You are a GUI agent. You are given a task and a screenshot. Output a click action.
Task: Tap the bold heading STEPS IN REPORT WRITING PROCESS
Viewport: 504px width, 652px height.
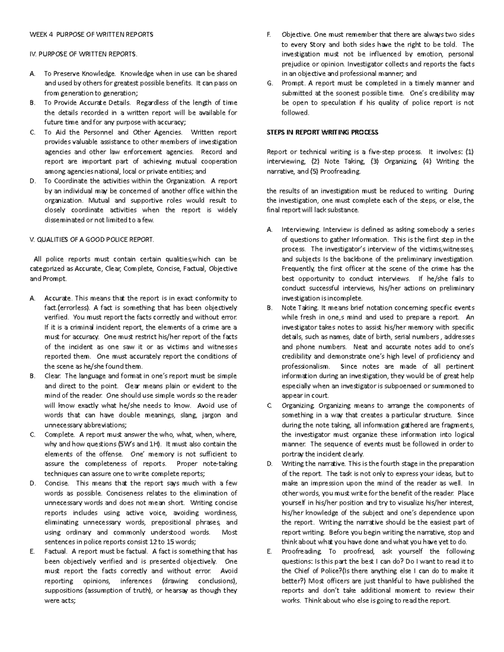[323, 132]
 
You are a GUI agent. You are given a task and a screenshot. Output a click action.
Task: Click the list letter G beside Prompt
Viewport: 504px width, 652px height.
[269, 83]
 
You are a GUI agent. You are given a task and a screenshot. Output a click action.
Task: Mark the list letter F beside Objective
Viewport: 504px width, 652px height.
[269, 34]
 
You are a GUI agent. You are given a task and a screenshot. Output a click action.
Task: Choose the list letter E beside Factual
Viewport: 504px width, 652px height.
[32, 552]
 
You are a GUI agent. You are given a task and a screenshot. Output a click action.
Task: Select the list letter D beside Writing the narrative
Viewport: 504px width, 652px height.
[270, 464]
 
